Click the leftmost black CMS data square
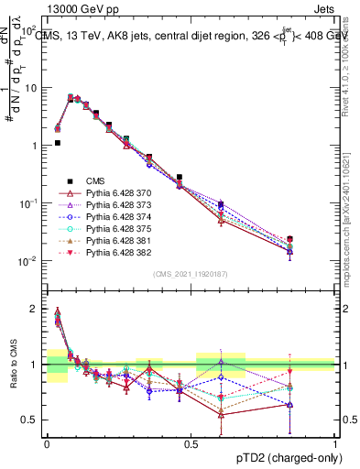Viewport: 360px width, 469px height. pos(57,143)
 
